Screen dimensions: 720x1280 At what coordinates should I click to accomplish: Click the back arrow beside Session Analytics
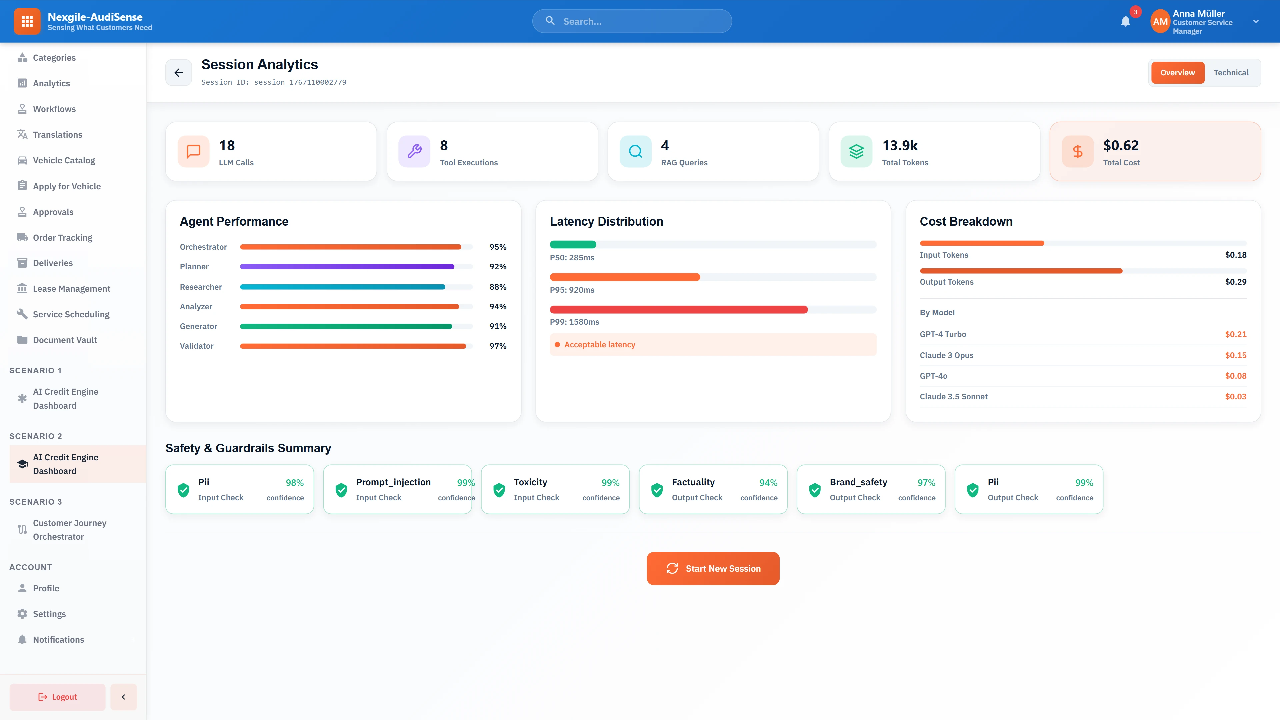tap(178, 73)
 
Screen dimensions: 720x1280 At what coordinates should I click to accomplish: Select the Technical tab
tap(1231, 73)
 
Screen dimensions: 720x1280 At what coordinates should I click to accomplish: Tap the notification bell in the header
tap(1125, 21)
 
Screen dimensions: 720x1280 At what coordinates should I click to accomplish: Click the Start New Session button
tap(713, 568)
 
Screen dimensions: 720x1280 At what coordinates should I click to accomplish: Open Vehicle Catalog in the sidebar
tap(64, 160)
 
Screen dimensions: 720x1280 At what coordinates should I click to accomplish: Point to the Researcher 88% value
tap(497, 287)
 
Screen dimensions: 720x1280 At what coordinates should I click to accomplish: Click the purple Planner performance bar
tap(347, 267)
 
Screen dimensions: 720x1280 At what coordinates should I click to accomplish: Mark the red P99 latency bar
tap(678, 310)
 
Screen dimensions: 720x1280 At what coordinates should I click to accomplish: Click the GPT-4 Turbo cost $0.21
tap(1235, 334)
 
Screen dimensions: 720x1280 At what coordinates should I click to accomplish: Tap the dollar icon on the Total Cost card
tap(1077, 152)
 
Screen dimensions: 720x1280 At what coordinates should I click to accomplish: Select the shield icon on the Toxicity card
tap(499, 490)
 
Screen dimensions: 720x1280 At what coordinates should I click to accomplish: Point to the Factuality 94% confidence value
tap(768, 482)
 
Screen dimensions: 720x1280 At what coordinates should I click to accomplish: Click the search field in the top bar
tap(632, 21)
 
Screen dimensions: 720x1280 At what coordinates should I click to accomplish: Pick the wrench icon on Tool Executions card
tap(414, 152)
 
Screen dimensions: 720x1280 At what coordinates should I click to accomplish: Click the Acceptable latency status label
tap(599, 344)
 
